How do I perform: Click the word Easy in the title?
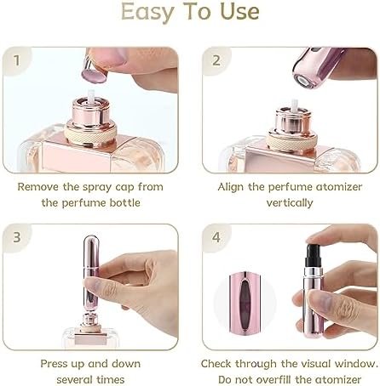point(147,12)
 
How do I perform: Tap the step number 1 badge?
point(17,60)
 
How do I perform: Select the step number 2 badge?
point(216,60)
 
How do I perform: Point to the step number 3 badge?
point(17,237)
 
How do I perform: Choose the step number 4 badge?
point(216,237)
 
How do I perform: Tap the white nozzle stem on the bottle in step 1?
point(91,95)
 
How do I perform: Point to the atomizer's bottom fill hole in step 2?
point(303,82)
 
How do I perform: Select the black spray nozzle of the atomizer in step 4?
point(314,255)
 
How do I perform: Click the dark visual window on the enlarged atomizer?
point(244,302)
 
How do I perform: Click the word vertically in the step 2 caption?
point(290,203)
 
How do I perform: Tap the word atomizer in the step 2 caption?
point(339,187)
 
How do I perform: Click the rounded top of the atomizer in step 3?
point(91,241)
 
